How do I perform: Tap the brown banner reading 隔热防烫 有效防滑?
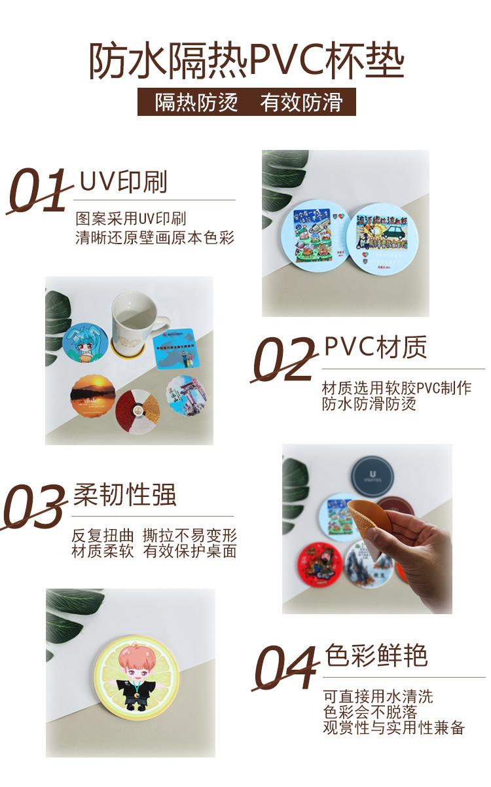click(246, 102)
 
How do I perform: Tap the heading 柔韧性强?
click(124, 495)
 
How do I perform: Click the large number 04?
click(286, 667)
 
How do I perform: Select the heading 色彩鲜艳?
click(376, 655)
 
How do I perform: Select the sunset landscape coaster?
click(92, 395)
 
